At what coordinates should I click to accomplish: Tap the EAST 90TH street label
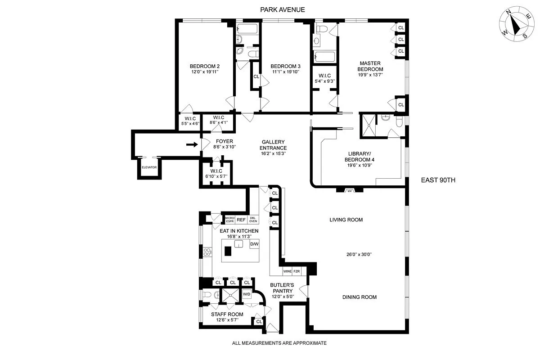click(x=438, y=180)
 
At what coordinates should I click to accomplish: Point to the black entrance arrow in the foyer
click(x=192, y=145)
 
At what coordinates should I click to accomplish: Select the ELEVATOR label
click(x=149, y=167)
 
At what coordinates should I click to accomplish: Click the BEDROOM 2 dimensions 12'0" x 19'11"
click(x=204, y=72)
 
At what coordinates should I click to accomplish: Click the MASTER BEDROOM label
click(x=370, y=66)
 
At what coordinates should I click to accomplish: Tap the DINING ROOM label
click(x=359, y=297)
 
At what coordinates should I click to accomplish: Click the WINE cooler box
click(x=287, y=271)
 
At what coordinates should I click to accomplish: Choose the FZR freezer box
click(x=297, y=271)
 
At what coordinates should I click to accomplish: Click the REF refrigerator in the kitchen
click(x=241, y=220)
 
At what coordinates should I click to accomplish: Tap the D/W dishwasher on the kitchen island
click(x=254, y=244)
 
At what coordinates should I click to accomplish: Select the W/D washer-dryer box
click(x=247, y=294)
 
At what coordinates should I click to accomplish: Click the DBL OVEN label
click(x=253, y=220)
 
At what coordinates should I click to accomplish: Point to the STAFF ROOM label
click(x=227, y=314)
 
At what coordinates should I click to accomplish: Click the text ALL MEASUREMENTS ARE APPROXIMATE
click(x=279, y=343)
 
